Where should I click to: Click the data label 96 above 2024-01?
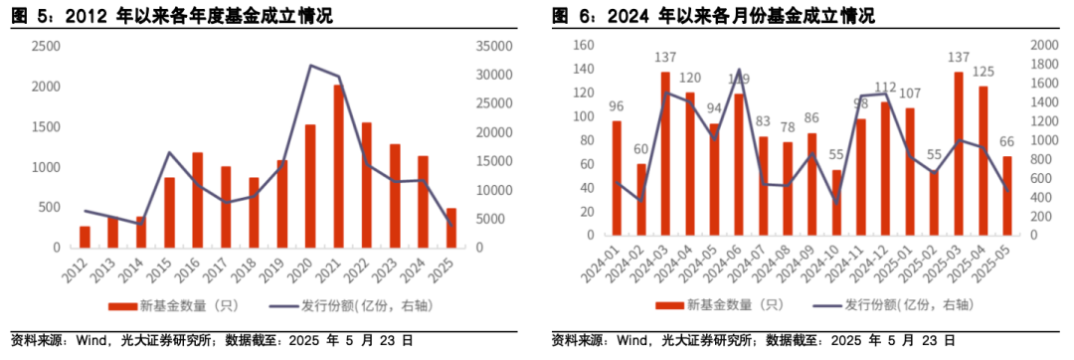tap(617, 107)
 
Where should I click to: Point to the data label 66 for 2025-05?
tap(1007, 142)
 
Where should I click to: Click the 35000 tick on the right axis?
tap(493, 47)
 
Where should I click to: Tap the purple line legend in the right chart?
tap(832, 306)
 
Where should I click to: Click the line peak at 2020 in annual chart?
tap(311, 66)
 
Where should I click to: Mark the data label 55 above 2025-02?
tap(935, 156)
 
